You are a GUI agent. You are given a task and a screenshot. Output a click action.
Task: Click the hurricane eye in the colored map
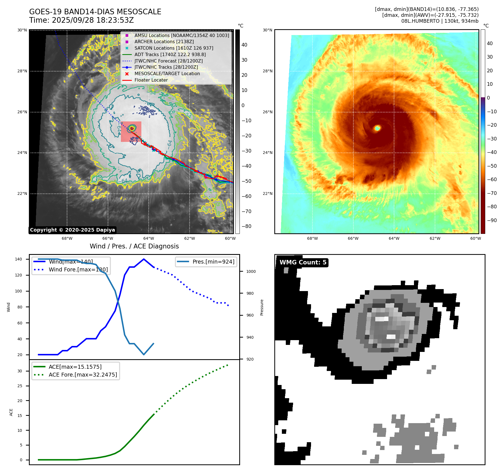377,128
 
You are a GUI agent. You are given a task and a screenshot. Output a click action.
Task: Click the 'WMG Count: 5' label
303,262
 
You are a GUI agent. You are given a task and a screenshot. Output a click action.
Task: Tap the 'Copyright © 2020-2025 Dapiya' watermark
72,230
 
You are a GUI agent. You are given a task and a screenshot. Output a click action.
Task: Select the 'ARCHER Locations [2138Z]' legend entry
164,42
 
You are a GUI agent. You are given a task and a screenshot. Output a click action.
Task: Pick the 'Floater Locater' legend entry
151,80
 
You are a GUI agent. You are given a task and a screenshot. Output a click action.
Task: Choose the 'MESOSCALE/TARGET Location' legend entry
167,74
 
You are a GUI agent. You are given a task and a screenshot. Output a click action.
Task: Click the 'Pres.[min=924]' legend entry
213,262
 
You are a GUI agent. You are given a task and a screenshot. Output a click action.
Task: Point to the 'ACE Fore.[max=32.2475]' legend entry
83,375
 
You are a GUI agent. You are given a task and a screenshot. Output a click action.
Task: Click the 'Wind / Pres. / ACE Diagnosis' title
134,246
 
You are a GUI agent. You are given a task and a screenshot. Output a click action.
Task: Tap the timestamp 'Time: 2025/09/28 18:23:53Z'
81,20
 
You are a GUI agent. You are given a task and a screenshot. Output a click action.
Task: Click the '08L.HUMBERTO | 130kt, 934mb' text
439,21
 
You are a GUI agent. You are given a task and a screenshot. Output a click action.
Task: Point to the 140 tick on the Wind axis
19,259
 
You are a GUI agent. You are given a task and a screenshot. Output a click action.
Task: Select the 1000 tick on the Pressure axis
251,271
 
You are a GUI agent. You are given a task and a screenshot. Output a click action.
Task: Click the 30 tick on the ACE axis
20,371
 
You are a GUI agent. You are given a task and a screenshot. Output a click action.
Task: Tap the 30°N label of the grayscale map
22,30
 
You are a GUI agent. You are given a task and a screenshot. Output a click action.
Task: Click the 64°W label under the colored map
394,239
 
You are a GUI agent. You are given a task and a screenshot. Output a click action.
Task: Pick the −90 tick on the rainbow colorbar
492,220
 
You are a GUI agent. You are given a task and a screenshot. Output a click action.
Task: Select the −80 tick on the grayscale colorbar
246,226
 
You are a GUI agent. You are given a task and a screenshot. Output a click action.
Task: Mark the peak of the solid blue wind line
144,259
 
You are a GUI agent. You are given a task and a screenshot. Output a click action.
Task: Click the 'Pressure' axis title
262,307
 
